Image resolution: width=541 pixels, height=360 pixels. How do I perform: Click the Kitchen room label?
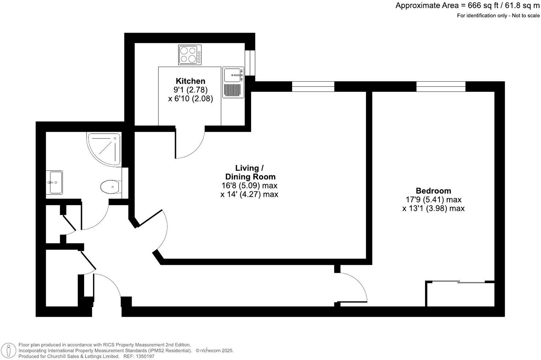[x=190, y=81]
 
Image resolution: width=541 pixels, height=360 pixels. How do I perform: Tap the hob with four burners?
[x=190, y=55]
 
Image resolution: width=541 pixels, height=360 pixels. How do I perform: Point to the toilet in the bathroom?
[x=111, y=187]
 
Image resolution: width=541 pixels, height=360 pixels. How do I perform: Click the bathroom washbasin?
[x=54, y=182]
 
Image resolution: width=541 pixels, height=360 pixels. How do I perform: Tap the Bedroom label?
[x=433, y=191]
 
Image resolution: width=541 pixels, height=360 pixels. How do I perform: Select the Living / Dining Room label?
[x=249, y=172]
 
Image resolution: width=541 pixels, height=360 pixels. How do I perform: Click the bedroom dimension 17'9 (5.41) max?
[x=433, y=200]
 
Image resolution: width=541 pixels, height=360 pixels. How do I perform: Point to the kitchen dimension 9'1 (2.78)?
[x=190, y=90]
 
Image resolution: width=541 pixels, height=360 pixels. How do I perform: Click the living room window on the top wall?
[x=313, y=87]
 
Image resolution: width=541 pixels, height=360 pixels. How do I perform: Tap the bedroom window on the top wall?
[x=440, y=87]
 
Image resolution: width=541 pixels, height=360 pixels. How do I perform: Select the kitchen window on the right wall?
[x=250, y=63]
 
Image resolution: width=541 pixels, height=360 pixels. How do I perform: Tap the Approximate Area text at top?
[x=467, y=6]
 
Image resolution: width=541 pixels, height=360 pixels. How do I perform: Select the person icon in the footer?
[x=8, y=350]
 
